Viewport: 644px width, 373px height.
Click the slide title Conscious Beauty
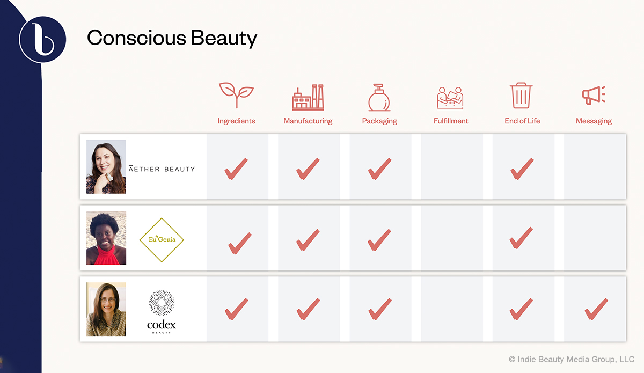pos(172,38)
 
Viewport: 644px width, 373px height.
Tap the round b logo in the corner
pos(42,39)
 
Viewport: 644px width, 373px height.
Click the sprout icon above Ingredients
pos(236,95)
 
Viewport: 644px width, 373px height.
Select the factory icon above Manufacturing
pos(308,97)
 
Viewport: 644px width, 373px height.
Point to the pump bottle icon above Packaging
pos(379,97)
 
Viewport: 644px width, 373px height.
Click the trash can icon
pos(521,96)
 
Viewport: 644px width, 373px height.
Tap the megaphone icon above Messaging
pos(594,95)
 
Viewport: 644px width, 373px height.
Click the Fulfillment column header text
pos(451,121)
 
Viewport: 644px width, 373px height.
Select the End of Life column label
pos(522,121)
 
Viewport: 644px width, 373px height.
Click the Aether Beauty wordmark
pos(162,169)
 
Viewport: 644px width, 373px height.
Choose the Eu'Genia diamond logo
pos(162,240)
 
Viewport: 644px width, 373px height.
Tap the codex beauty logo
pos(162,312)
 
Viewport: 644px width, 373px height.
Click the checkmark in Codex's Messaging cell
pos(596,309)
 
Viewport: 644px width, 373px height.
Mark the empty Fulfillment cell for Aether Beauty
pos(452,166)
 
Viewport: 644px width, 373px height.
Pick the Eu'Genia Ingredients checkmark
pos(240,243)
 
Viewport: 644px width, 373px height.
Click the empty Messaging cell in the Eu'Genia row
pos(595,238)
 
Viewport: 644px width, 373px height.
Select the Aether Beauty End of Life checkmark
pos(522,169)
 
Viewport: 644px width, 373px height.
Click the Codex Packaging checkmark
pos(380,309)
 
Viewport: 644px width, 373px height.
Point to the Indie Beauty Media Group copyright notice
pos(572,359)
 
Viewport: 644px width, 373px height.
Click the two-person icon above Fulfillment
pos(450,98)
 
